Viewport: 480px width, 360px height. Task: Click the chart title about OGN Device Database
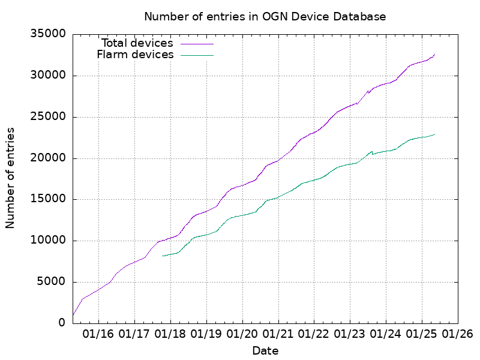(x=265, y=16)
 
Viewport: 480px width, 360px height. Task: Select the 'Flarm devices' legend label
(x=135, y=55)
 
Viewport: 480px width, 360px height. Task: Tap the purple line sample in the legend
(x=196, y=44)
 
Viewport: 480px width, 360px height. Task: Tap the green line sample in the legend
(x=196, y=55)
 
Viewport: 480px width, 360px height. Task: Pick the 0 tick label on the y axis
(x=61, y=323)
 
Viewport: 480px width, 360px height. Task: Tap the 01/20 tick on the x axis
(x=242, y=334)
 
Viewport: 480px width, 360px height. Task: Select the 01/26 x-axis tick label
(x=457, y=334)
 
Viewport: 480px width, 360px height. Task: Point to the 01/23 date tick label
(x=349, y=334)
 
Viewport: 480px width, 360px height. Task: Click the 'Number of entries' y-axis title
(x=10, y=178)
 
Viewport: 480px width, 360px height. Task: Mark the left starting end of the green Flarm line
(x=163, y=256)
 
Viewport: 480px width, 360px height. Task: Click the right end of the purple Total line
(x=435, y=54)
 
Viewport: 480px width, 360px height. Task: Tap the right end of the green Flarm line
(x=435, y=134)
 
